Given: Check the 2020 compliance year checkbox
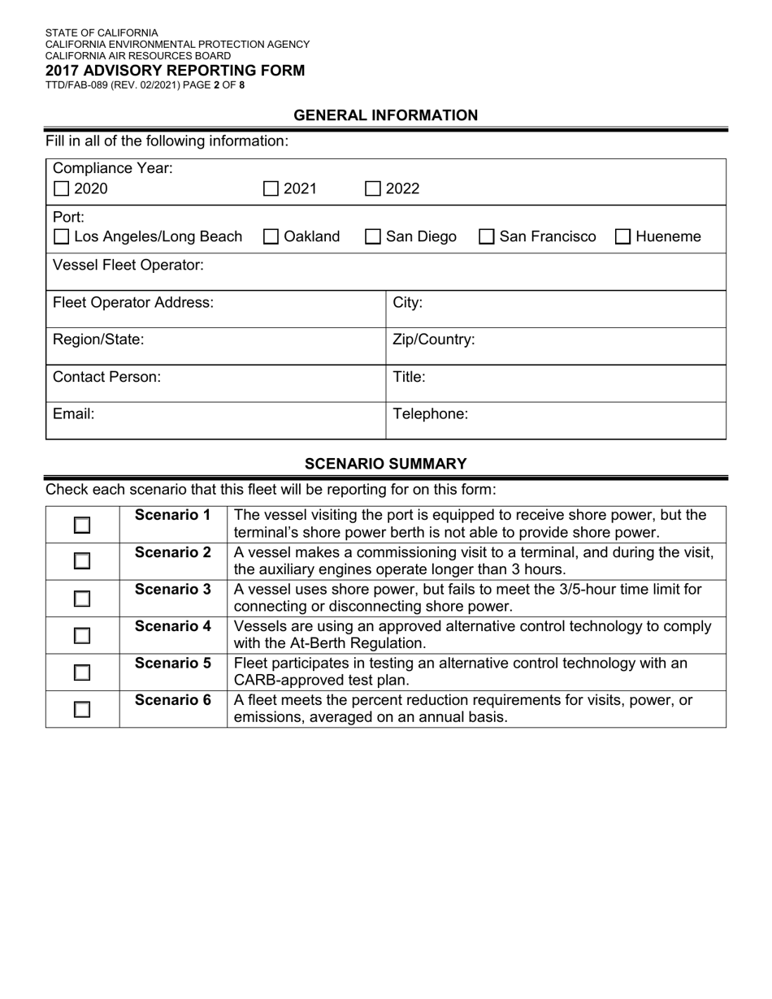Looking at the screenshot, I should pos(61,189).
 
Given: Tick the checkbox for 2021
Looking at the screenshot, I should pos(271,189).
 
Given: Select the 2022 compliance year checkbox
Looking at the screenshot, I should pos(373,189).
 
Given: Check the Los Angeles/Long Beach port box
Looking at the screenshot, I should pos(61,237).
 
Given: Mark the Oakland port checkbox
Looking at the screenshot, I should pos(271,237).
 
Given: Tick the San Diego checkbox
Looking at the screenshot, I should pos(373,237).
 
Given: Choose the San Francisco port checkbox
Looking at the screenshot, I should pos(487,237).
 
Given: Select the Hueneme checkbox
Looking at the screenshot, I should pos(623,237).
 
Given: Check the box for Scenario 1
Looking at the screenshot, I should pos(82,525).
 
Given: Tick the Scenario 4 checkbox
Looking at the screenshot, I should pos(82,636).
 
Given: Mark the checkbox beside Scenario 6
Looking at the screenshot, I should pos(82,710).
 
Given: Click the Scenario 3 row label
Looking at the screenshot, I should pos(173,589).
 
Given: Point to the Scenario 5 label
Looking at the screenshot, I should pos(173,663).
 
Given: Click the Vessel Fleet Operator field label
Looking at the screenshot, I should pos(128,265).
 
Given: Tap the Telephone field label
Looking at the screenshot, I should pos(431,413).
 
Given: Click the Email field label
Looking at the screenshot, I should pos(74,413).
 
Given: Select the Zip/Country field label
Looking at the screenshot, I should pos(434,339).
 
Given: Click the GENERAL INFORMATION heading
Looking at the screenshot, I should pos(386,115).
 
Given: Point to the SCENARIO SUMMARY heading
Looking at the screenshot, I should pos(386,464).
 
